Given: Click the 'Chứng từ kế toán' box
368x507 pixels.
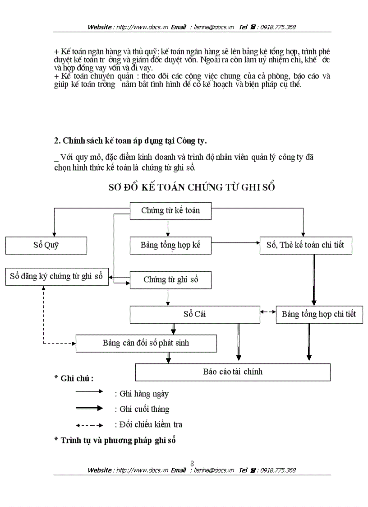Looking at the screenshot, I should tap(170, 210).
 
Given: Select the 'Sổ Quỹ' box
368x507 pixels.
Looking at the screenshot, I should tap(46, 245).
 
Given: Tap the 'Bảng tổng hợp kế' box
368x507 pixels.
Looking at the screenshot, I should tap(170, 245).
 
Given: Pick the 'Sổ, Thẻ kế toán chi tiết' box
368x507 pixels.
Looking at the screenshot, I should tap(305, 245).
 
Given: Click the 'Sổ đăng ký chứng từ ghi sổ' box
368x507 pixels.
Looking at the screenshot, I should tap(57, 276).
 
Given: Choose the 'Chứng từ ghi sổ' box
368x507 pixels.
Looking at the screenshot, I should tap(170, 280).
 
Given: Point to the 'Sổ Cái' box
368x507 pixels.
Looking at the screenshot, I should tap(195, 314).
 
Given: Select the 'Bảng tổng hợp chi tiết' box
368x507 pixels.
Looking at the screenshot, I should tap(319, 314).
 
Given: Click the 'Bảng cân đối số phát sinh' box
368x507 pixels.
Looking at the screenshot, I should tap(146, 343).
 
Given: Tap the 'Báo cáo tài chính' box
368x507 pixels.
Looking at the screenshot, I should tap(233, 372).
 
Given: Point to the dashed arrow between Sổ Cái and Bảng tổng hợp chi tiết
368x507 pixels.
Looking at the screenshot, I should tap(268, 312).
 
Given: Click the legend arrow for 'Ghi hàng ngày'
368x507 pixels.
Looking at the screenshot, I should tap(89, 392).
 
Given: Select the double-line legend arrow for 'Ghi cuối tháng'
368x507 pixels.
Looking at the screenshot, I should tap(89, 408).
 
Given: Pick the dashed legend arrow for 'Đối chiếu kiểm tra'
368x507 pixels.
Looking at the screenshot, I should tap(89, 425).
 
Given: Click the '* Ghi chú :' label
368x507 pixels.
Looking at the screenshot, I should tap(74, 378).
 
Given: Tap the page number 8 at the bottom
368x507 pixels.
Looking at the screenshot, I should tap(192, 463).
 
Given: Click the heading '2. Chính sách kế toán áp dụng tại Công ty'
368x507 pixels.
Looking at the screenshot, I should tap(130, 140).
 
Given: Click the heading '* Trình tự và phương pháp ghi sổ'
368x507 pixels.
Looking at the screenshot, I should tap(115, 440).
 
